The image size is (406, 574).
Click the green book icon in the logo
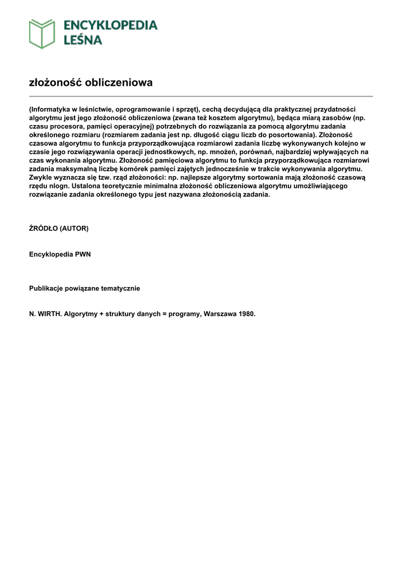(42, 34)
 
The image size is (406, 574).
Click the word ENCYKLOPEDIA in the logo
(110, 25)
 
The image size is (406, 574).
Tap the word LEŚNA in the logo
(82, 40)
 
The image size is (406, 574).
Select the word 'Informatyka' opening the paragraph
(51, 109)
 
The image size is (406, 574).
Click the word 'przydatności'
(335, 109)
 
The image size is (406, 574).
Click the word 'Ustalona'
(91, 186)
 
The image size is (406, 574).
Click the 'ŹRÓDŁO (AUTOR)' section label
(59, 229)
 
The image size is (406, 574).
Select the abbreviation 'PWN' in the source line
(82, 254)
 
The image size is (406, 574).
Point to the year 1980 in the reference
(246, 314)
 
